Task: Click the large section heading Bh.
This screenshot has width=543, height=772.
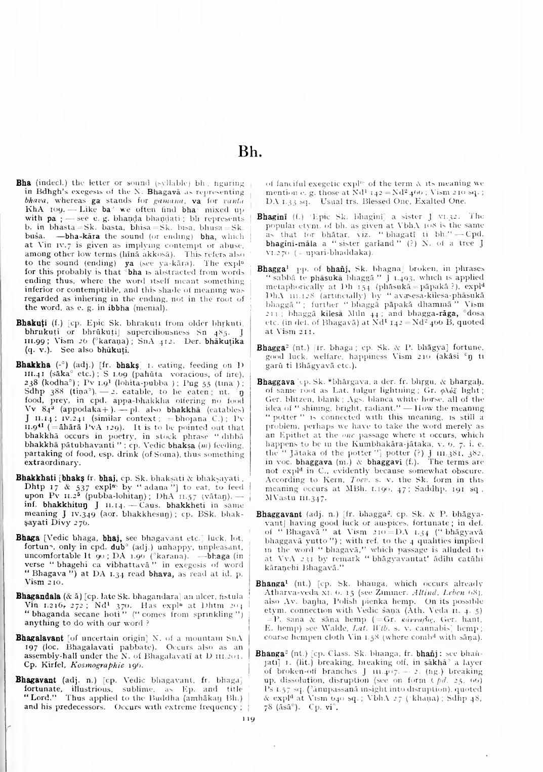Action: click(248, 151)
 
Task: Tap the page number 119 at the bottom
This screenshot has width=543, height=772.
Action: click(248, 717)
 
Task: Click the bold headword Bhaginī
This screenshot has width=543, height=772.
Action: click(272, 217)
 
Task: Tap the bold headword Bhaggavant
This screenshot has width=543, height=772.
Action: click(279, 514)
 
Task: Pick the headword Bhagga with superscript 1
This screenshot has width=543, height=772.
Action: click(271, 269)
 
